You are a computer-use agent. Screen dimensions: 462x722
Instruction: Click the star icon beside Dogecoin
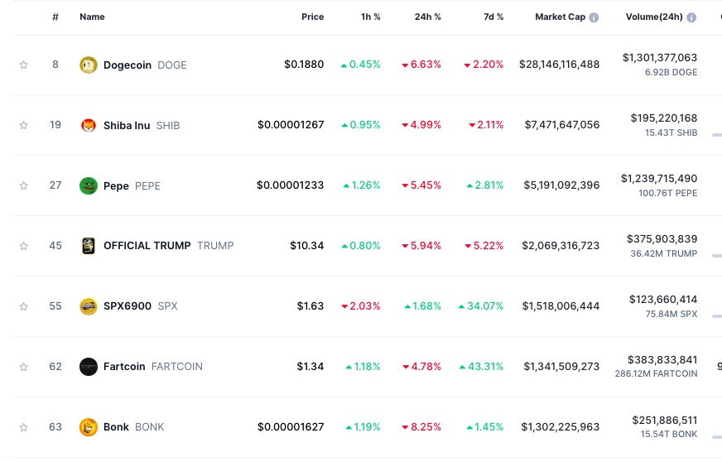point(24,65)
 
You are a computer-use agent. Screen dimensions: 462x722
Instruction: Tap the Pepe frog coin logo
point(89,185)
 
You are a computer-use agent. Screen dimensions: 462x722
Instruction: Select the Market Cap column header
point(560,17)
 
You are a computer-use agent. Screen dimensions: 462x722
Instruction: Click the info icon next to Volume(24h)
point(691,17)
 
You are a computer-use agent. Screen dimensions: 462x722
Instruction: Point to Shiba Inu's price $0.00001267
point(291,125)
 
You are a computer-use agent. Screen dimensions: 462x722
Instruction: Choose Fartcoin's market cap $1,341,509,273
point(561,367)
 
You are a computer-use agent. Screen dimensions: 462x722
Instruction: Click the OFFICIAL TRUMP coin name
point(147,246)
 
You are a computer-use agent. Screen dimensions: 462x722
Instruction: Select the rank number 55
point(55,306)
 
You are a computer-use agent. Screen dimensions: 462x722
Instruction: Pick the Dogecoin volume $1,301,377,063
point(660,58)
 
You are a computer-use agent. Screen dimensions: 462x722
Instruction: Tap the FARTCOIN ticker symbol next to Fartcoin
point(176,367)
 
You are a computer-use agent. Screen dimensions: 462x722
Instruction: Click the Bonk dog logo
point(89,427)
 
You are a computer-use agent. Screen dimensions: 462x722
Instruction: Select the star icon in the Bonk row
point(24,427)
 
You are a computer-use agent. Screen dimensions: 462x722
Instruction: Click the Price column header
point(312,17)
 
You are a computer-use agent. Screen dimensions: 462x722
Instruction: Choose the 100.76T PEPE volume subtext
point(667,193)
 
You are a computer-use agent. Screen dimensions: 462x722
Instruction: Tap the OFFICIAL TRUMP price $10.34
point(306,246)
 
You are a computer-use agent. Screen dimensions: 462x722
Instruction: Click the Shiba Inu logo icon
point(89,125)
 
